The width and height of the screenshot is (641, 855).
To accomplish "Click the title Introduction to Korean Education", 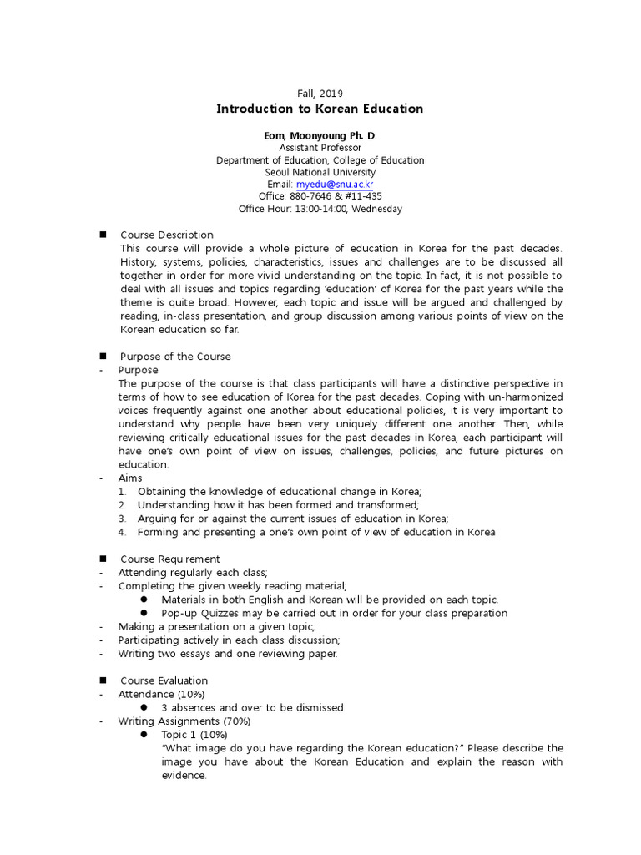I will tap(320, 109).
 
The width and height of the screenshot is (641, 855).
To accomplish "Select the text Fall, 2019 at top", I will tap(320, 94).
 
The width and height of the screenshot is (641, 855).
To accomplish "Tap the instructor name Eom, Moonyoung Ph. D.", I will tap(320, 135).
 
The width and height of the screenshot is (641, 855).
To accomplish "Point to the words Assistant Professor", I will tap(320, 148).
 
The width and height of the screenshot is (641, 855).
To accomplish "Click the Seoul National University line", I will tap(320, 172).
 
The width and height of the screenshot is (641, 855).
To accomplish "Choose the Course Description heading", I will tap(167, 235).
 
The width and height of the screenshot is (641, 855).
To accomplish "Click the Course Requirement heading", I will tap(170, 559).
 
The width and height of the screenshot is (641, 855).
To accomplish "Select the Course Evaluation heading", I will tap(164, 680).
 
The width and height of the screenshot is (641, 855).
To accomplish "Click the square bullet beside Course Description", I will tap(103, 235).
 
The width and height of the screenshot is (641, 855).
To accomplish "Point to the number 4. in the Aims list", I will tap(122, 532).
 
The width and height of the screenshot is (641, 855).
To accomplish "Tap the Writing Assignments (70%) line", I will tap(184, 721).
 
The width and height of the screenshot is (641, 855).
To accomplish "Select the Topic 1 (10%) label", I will tap(194, 734).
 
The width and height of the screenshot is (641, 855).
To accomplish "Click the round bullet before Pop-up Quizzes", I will tap(144, 613).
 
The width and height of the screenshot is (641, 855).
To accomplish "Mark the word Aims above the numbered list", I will tap(130, 478).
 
